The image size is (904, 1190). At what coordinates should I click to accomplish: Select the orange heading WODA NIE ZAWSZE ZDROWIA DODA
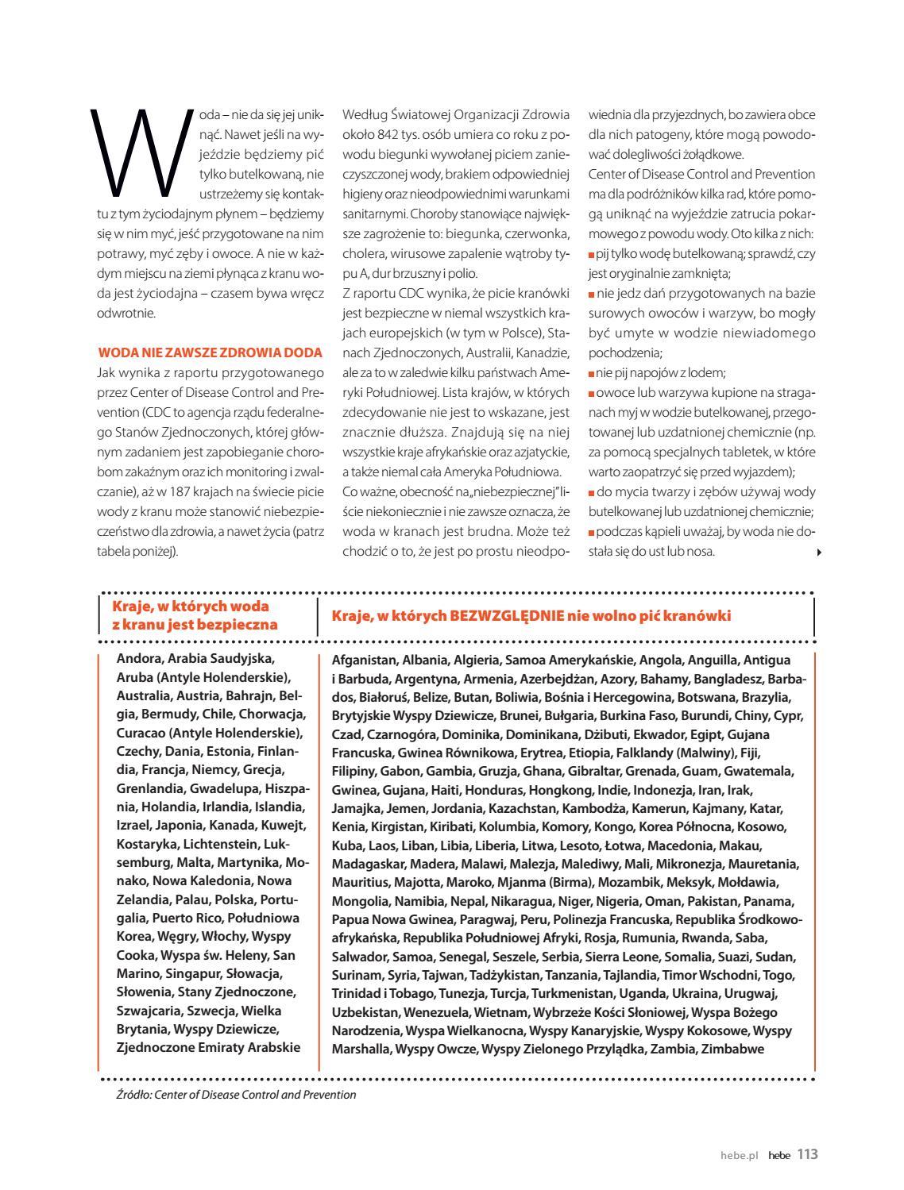click(210, 352)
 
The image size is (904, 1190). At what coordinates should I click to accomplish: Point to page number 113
click(807, 1154)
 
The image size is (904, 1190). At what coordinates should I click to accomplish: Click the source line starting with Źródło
click(236, 1095)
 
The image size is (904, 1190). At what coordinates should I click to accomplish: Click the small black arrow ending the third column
click(819, 553)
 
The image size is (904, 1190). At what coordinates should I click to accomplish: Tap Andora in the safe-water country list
click(138, 658)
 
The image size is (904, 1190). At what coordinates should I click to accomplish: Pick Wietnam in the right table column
click(502, 1012)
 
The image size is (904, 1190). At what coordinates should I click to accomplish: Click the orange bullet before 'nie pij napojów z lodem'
click(592, 373)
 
